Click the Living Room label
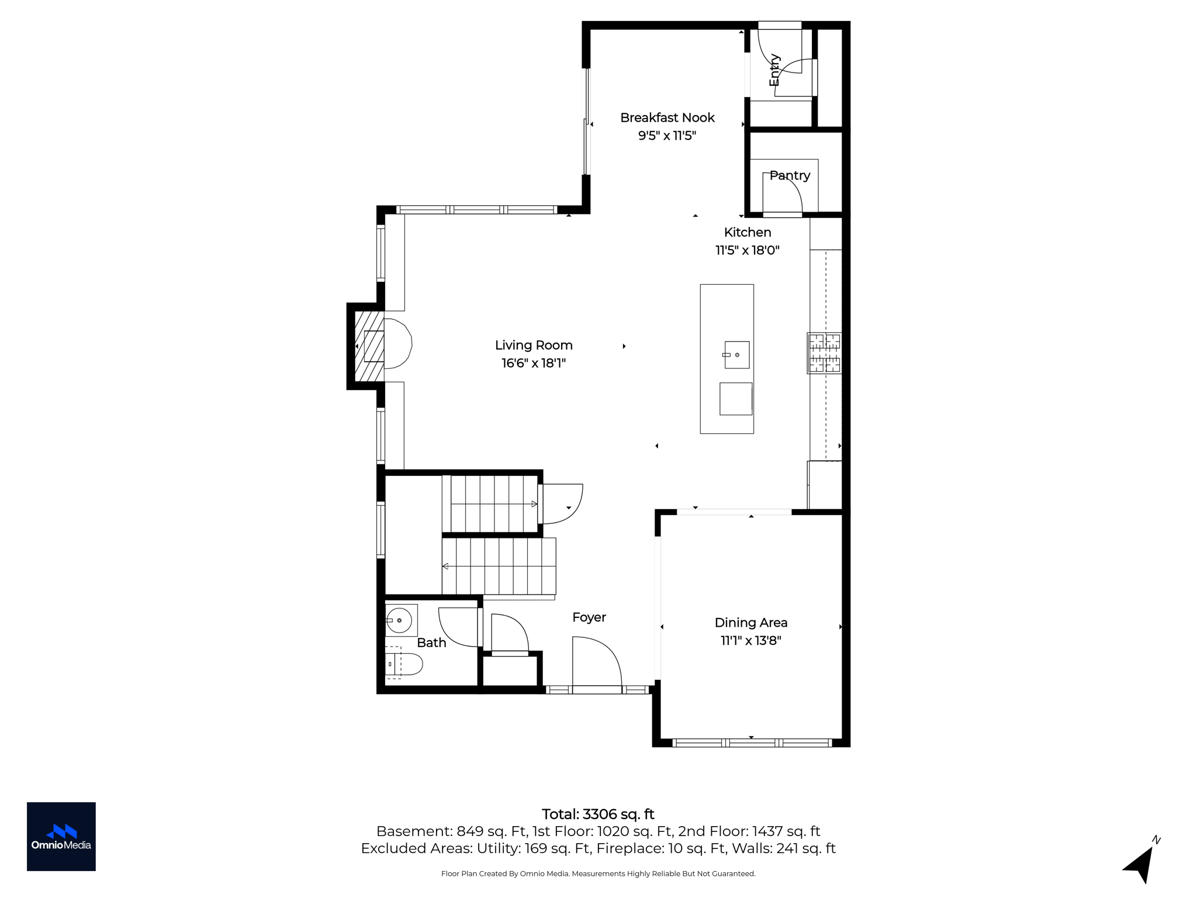pyautogui.click(x=534, y=345)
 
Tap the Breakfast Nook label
pyautogui.click(x=667, y=118)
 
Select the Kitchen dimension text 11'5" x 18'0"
pyautogui.click(x=748, y=250)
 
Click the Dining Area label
pyautogui.click(x=751, y=623)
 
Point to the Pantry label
pyautogui.click(x=790, y=175)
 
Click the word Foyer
pyautogui.click(x=589, y=617)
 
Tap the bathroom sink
pyautogui.click(x=400, y=620)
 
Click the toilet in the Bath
pyautogui.click(x=403, y=664)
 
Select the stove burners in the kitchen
pyautogui.click(x=824, y=353)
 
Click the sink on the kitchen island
pyautogui.click(x=736, y=355)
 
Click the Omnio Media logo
pyautogui.click(x=61, y=837)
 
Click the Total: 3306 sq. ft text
pyautogui.click(x=598, y=814)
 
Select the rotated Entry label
pyautogui.click(x=774, y=70)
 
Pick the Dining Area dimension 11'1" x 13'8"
pyautogui.click(x=751, y=641)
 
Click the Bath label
pyautogui.click(x=431, y=643)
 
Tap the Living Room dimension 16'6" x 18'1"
pyautogui.click(x=534, y=363)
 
